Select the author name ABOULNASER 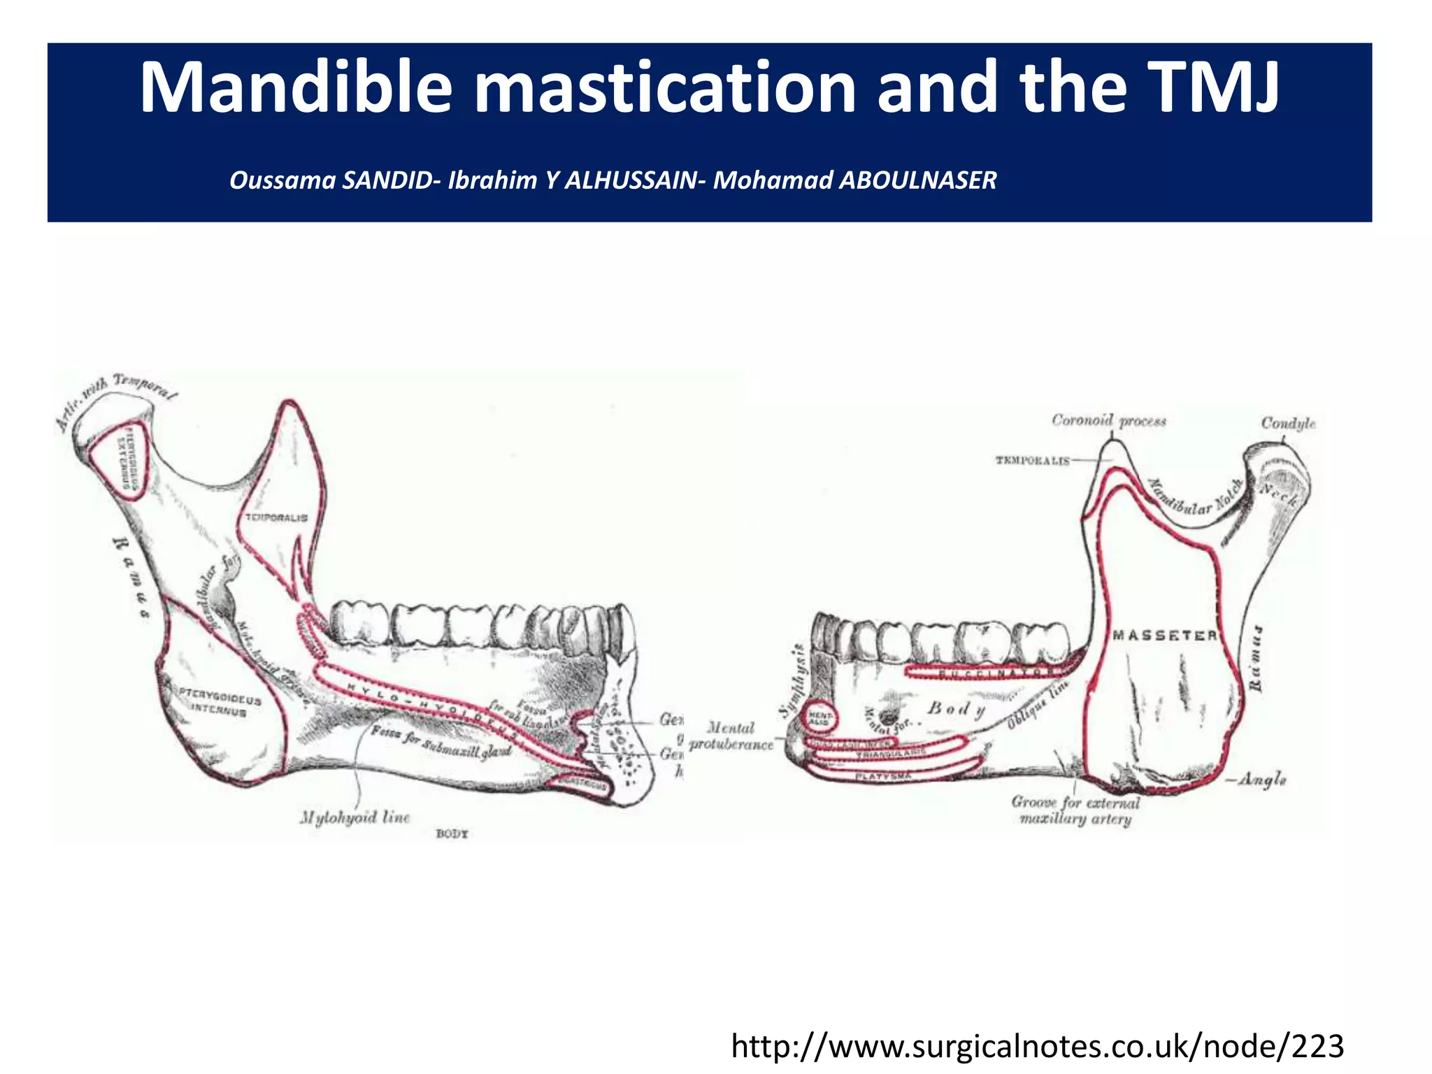tap(917, 180)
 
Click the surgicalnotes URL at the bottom tap(1037, 1047)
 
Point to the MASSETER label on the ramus tap(1164, 635)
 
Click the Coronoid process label tap(1109, 420)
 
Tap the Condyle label tap(1288, 423)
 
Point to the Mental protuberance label tap(731, 736)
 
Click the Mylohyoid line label tap(355, 817)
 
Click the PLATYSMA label tap(882, 776)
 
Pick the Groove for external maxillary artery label tap(1075, 810)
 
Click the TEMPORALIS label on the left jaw tap(275, 517)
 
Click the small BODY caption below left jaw tap(452, 833)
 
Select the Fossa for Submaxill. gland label tap(441, 740)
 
